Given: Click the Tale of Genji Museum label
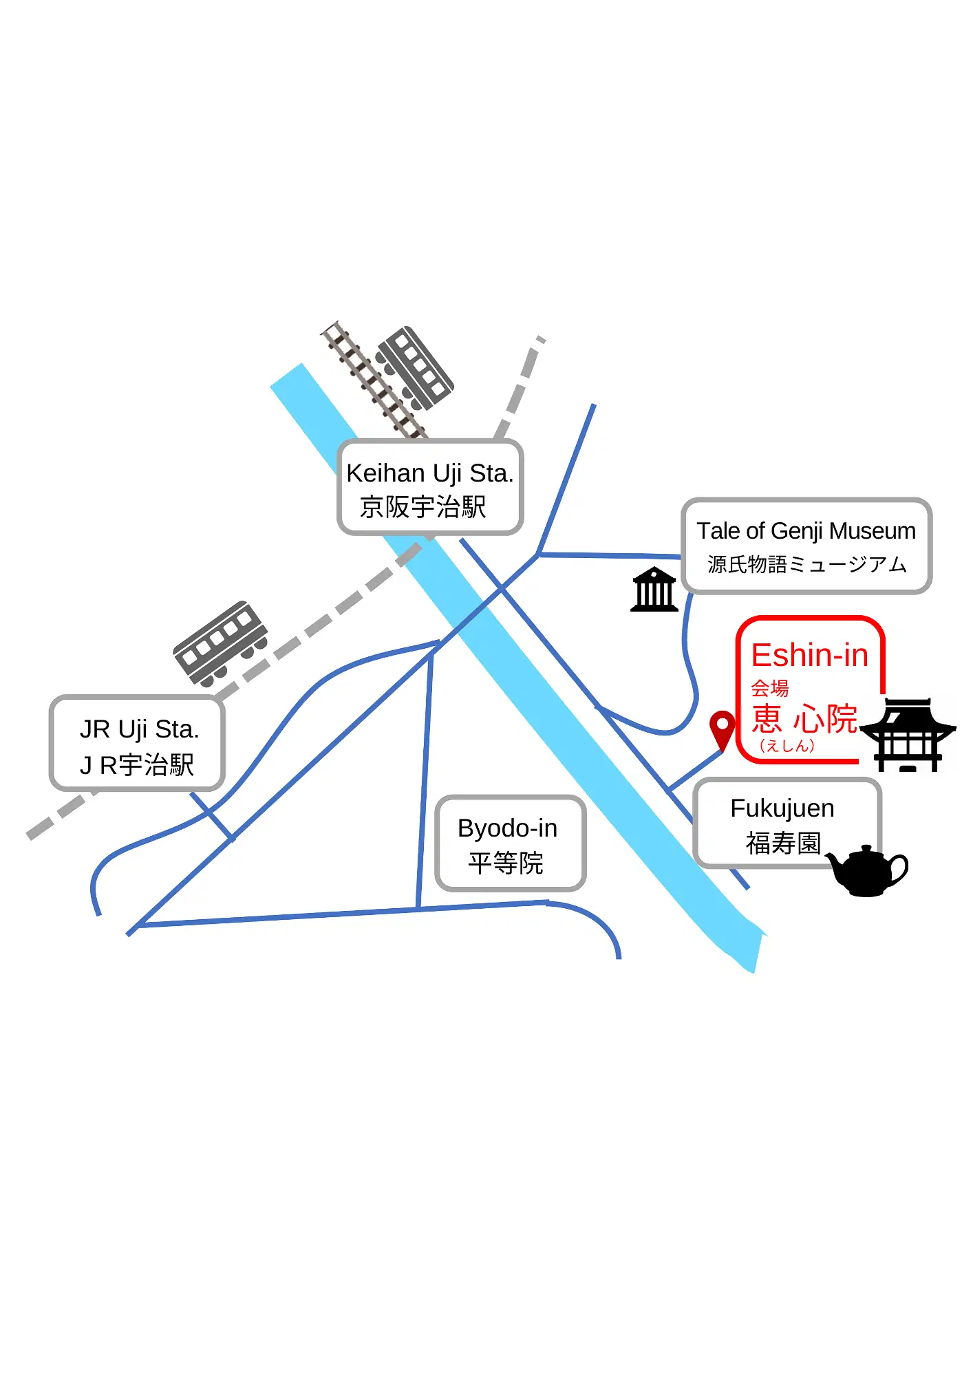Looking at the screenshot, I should pyautogui.click(x=806, y=531).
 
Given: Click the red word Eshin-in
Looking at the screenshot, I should pyautogui.click(x=809, y=655).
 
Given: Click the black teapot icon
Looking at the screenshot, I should pyautogui.click(x=866, y=870).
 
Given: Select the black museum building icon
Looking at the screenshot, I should pyautogui.click(x=654, y=590).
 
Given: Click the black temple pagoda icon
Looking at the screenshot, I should pyautogui.click(x=908, y=735).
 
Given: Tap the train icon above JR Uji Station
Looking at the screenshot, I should pyautogui.click(x=220, y=643).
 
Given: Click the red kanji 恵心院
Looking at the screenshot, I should pyautogui.click(x=804, y=719).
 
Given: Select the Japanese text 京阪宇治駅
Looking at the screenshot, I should pyautogui.click(x=423, y=508).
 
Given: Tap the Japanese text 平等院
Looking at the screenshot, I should pyautogui.click(x=506, y=863).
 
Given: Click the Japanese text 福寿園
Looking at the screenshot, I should pyautogui.click(x=783, y=843).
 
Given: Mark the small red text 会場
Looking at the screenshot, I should pyautogui.click(x=769, y=688).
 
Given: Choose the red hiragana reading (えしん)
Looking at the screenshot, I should pyautogui.click(x=787, y=746).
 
